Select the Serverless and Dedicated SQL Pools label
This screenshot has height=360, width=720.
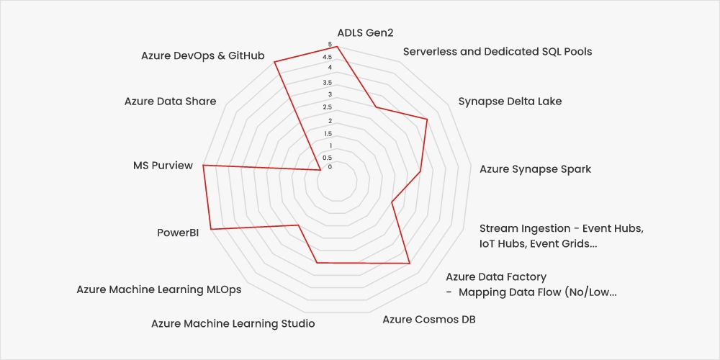(498, 51)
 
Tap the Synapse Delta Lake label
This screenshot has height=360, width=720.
(510, 102)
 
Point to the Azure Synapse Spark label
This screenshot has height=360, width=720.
(535, 169)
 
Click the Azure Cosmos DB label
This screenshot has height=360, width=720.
(428, 319)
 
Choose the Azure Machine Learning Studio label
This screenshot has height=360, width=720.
(233, 323)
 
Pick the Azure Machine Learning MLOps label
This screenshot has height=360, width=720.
(159, 289)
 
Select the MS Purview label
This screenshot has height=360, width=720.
(163, 166)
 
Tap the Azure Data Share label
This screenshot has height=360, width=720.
(170, 102)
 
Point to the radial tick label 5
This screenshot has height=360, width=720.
(330, 46)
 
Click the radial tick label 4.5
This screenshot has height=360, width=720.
(328, 58)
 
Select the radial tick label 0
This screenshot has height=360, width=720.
(330, 167)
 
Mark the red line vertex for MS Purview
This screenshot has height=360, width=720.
(204, 166)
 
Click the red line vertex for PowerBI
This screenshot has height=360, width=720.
(210, 230)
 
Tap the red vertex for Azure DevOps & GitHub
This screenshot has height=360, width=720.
(274, 62)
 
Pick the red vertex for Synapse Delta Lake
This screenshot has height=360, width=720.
(427, 120)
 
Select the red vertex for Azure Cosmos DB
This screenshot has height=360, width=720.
(409, 264)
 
